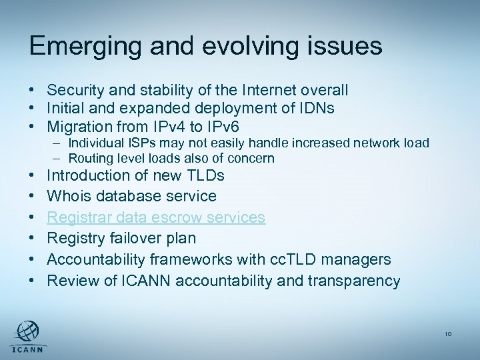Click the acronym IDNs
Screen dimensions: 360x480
(317, 108)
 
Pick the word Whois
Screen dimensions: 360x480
(67, 196)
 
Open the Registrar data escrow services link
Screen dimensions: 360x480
(156, 217)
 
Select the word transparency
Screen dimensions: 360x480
(353, 281)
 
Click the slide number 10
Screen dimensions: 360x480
(448, 334)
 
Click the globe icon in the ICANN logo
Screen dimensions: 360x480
(27, 331)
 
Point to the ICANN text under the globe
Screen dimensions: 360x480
(27, 350)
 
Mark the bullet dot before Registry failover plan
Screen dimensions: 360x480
(32, 239)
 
